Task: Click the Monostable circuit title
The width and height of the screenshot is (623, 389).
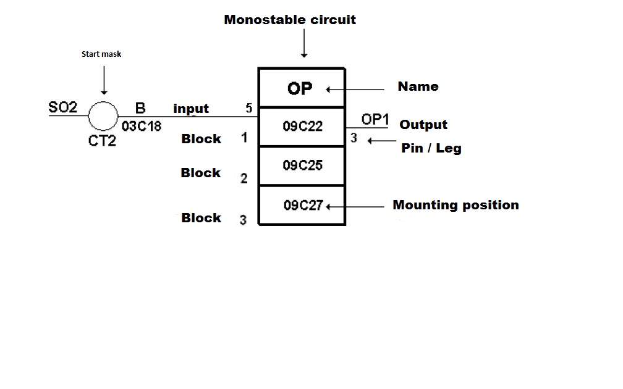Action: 290,20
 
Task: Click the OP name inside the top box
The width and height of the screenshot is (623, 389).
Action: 300,88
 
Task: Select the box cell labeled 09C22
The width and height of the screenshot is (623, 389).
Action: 302,127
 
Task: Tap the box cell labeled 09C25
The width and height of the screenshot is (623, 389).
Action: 302,165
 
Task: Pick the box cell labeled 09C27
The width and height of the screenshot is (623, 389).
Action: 303,206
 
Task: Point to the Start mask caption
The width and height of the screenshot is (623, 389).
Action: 101,54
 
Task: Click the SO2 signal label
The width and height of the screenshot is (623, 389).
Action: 63,108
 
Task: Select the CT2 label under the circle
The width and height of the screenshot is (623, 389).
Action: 103,140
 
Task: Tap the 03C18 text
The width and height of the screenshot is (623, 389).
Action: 141,127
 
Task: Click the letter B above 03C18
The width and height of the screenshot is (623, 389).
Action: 140,109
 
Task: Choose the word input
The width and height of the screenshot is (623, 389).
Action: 191,109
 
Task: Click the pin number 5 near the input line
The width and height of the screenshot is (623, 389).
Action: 248,109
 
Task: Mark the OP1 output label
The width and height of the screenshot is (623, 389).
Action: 375,120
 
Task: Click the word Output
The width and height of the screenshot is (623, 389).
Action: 423,125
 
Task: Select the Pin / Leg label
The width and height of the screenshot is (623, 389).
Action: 431,148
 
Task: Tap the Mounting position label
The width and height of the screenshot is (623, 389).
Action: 456,205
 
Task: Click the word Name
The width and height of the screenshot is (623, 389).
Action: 418,86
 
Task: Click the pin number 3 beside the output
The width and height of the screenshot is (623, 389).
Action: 354,139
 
